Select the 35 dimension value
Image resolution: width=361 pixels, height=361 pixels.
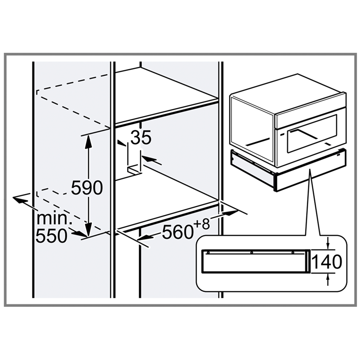(141, 138)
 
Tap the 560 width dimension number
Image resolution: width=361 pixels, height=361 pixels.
(177, 232)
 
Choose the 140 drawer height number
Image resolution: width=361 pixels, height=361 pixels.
(327, 261)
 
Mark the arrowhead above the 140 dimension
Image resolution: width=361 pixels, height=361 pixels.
(328, 244)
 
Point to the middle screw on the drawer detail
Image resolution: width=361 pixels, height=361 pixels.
(252, 253)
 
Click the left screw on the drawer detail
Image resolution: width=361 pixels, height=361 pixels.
(208, 253)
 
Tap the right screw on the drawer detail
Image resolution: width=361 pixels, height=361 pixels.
(293, 253)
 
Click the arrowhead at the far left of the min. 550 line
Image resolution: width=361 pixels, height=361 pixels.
(19, 199)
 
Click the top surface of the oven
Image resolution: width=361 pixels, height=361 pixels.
(288, 93)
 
